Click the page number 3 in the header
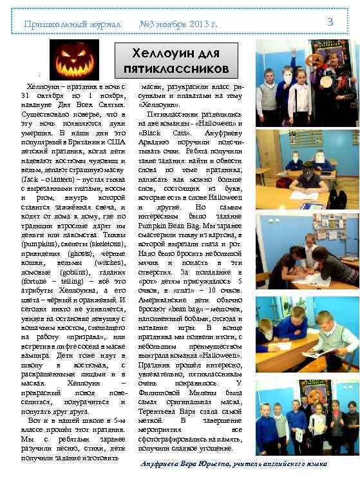click(x=330, y=23)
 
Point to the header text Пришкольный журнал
click(x=73, y=24)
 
